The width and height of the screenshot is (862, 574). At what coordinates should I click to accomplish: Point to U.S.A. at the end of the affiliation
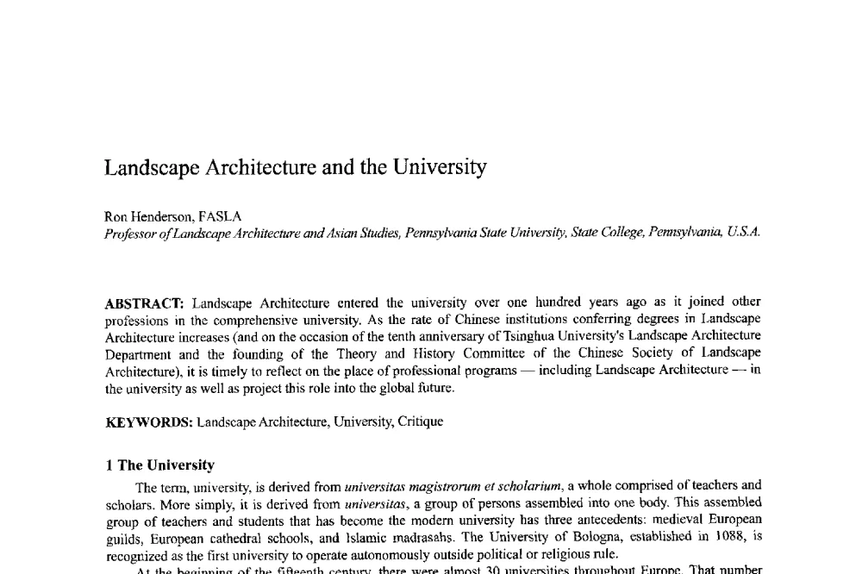(x=744, y=233)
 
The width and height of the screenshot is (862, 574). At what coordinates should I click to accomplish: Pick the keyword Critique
(x=420, y=421)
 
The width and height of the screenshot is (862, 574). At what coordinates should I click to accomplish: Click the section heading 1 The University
(x=159, y=465)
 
